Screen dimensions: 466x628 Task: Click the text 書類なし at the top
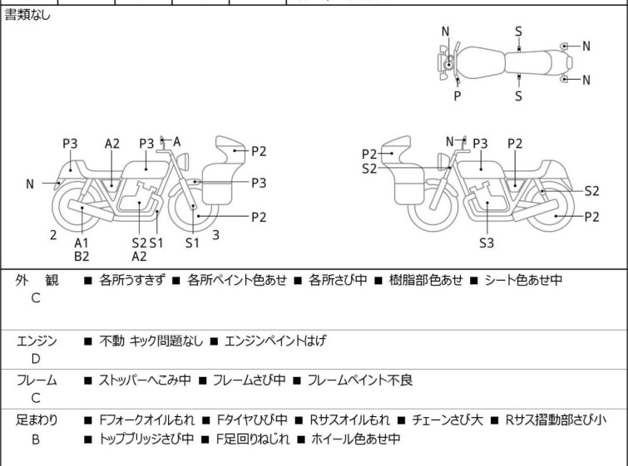click(x=27, y=15)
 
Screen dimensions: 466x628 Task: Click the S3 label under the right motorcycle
click(x=487, y=243)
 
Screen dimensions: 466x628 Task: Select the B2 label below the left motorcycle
click(x=82, y=257)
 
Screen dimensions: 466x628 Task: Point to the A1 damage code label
click(x=82, y=243)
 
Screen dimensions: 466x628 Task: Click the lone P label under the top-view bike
click(x=457, y=96)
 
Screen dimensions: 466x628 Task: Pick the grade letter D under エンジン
click(x=36, y=359)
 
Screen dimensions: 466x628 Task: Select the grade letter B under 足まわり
click(x=36, y=439)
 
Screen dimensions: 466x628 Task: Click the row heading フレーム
click(x=37, y=380)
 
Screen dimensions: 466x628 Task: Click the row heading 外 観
click(x=37, y=280)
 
